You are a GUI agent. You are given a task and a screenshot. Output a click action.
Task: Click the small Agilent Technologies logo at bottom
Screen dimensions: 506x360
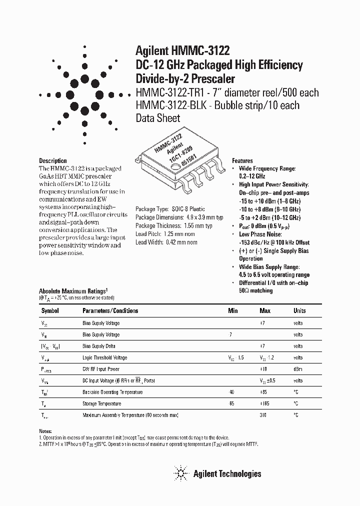[180, 473]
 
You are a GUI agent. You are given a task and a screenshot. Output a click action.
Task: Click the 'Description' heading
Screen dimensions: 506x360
[53, 161]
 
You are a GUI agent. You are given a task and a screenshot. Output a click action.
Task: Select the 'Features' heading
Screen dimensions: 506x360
[242, 161]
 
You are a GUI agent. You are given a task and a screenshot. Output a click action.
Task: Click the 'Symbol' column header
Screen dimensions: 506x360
[49, 310]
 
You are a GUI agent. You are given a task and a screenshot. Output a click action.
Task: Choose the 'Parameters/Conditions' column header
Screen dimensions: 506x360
[110, 310]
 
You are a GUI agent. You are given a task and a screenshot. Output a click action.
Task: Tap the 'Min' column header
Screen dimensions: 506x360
[233, 310]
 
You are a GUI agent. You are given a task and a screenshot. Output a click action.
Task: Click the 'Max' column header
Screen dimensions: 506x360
[265, 310]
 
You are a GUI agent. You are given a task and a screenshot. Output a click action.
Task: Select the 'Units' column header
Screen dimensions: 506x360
[299, 310]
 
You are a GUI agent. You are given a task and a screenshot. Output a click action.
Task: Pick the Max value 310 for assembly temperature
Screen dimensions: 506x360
[263, 415]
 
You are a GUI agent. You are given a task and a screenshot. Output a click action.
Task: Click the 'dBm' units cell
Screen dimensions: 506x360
[298, 369]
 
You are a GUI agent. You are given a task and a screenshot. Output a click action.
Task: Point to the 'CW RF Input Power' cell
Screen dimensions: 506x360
[101, 369]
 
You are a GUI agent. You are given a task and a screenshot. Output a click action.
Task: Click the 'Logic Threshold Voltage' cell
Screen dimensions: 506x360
[104, 357]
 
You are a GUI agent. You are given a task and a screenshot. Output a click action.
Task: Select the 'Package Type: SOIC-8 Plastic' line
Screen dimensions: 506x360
[170, 209]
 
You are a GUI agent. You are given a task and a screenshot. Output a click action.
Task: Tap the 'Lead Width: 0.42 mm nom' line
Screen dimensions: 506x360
[166, 242]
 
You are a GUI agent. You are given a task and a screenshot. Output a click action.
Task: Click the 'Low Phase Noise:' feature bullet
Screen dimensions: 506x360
[260, 234]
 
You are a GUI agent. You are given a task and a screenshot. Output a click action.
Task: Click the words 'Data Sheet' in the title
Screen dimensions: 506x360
[158, 118]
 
